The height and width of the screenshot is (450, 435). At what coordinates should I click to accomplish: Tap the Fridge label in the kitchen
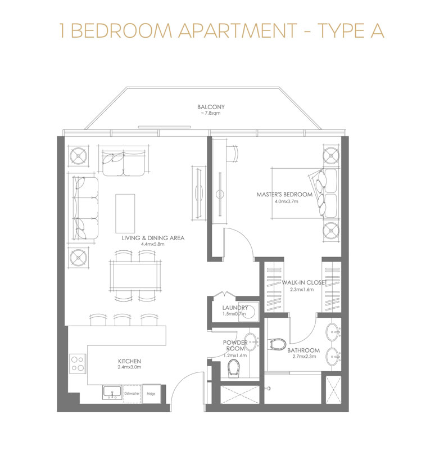pyautogui.click(x=151, y=393)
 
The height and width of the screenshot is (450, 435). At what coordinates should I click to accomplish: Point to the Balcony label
pyautogui.click(x=211, y=107)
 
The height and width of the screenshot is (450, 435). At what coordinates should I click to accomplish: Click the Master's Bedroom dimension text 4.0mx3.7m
pyautogui.click(x=286, y=201)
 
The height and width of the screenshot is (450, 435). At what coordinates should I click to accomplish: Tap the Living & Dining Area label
pyautogui.click(x=153, y=238)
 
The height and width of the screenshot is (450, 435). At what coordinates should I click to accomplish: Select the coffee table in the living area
pyautogui.click(x=125, y=213)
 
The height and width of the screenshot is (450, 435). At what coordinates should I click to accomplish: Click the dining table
pyautogui.click(x=135, y=276)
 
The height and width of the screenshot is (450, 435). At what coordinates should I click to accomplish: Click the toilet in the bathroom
pyautogui.click(x=278, y=344)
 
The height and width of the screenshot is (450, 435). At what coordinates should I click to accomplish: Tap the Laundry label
pyautogui.click(x=235, y=308)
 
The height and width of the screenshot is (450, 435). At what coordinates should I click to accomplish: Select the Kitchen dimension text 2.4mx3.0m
pyautogui.click(x=129, y=367)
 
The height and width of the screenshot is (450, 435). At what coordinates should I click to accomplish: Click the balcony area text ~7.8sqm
pyautogui.click(x=211, y=114)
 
